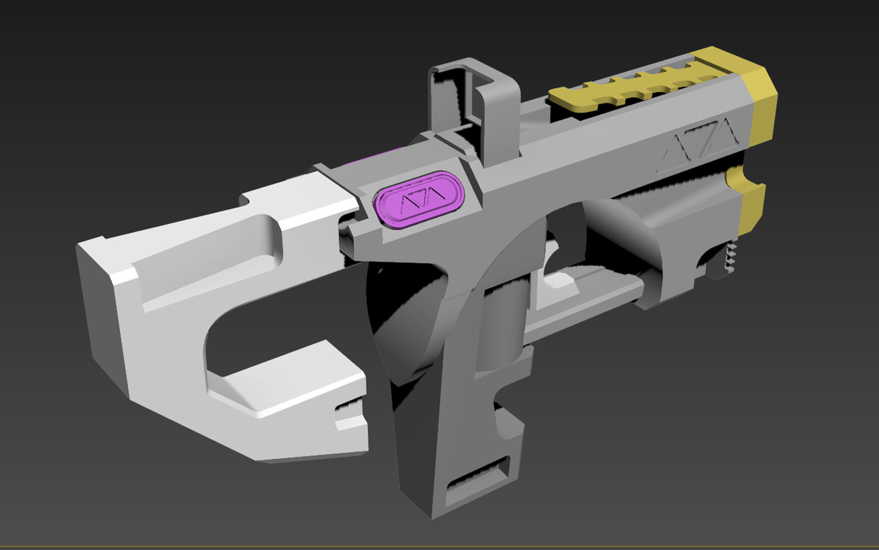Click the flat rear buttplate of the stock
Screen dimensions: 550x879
[98, 302]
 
